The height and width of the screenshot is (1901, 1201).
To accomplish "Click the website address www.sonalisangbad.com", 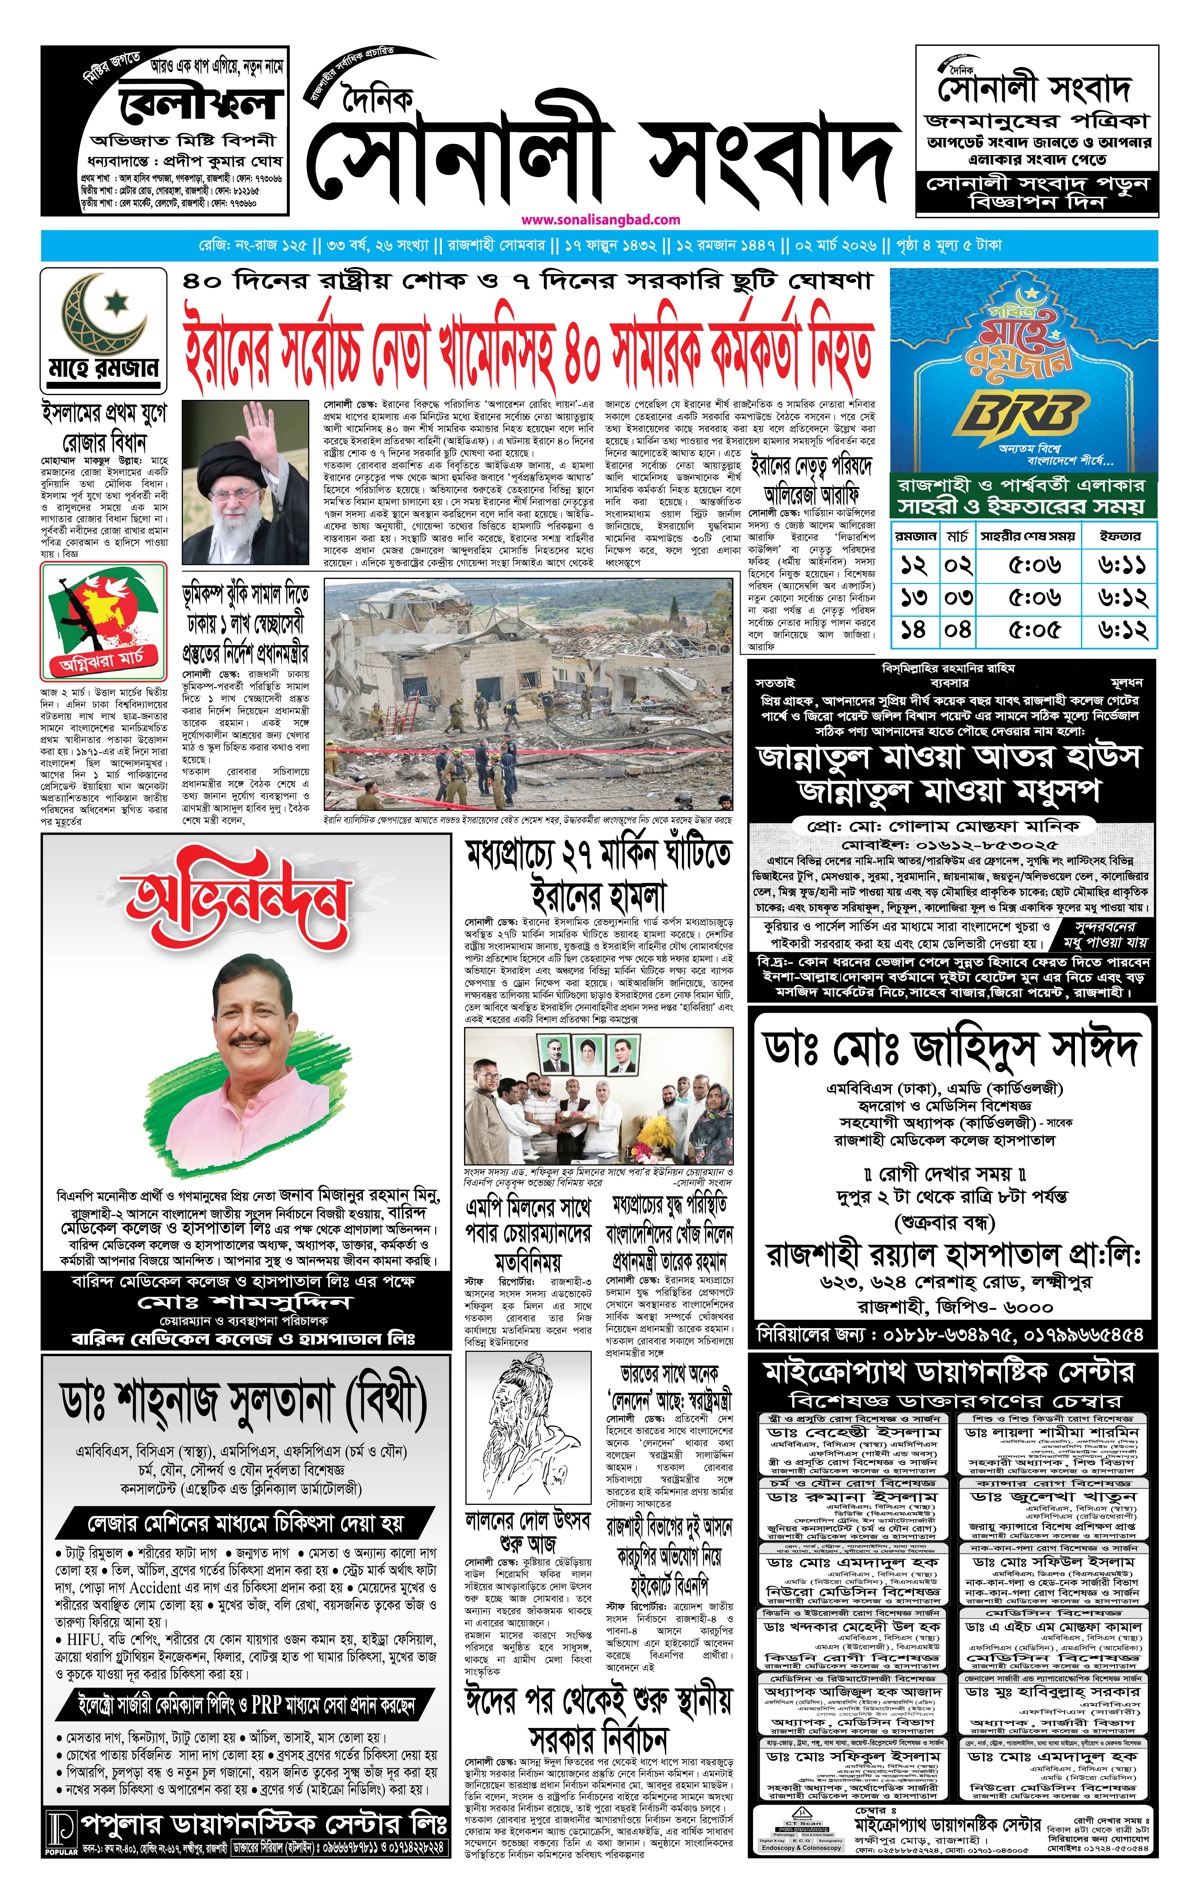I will click(x=600, y=220).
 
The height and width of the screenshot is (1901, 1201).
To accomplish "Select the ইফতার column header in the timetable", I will click(x=1120, y=536).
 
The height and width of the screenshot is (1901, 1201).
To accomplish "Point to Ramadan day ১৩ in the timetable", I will click(x=914, y=598).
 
